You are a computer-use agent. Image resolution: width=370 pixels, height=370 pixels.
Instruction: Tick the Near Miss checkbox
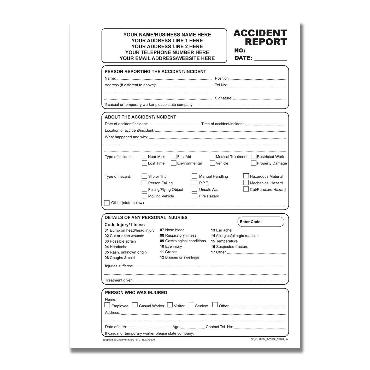click(144, 156)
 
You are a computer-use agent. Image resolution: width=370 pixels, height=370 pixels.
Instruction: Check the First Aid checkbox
click(173, 156)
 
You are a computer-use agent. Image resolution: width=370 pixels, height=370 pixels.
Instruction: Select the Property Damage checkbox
click(253, 163)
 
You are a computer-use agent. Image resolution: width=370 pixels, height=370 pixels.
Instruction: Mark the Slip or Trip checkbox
click(144, 176)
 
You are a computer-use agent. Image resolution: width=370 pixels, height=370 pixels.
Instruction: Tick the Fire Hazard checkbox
click(194, 196)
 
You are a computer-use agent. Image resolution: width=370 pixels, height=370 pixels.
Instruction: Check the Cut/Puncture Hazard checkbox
click(246, 189)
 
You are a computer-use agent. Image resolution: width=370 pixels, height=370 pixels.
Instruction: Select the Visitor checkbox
click(170, 305)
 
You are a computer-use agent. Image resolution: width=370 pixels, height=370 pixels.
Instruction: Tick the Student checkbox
click(191, 305)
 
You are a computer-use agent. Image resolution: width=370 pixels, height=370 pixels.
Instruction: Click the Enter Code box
click(261, 222)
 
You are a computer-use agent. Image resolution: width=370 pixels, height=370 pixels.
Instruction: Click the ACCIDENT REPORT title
click(260, 37)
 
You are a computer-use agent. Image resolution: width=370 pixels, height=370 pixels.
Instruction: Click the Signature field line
click(259, 98)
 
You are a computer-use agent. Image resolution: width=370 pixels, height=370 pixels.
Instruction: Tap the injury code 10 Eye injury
click(171, 246)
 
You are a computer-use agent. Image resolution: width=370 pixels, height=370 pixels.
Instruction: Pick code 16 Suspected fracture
click(230, 246)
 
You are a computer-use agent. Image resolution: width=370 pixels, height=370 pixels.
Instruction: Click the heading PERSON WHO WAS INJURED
click(136, 293)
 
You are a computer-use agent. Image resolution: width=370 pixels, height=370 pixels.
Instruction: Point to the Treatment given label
click(119, 280)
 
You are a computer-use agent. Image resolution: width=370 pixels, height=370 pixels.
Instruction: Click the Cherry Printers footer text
click(128, 340)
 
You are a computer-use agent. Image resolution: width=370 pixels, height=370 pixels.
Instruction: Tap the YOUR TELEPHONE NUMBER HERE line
click(167, 52)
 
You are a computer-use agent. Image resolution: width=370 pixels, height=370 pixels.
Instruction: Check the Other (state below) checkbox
click(107, 203)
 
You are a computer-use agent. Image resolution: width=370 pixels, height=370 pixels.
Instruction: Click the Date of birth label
click(116, 327)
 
